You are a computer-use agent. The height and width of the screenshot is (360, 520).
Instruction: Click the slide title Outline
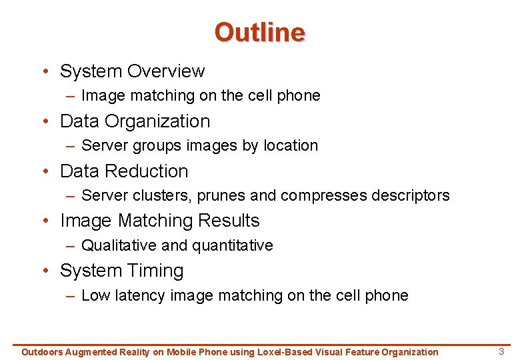point(259,32)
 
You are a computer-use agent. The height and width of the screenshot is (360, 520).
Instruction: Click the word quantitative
point(233,245)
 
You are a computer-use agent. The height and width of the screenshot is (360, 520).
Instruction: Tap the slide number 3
point(502,351)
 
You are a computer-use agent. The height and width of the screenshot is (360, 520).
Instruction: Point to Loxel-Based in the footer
point(285,352)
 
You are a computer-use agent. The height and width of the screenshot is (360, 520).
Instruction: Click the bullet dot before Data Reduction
point(45,171)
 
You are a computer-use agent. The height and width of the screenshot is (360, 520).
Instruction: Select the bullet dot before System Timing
point(45,271)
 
